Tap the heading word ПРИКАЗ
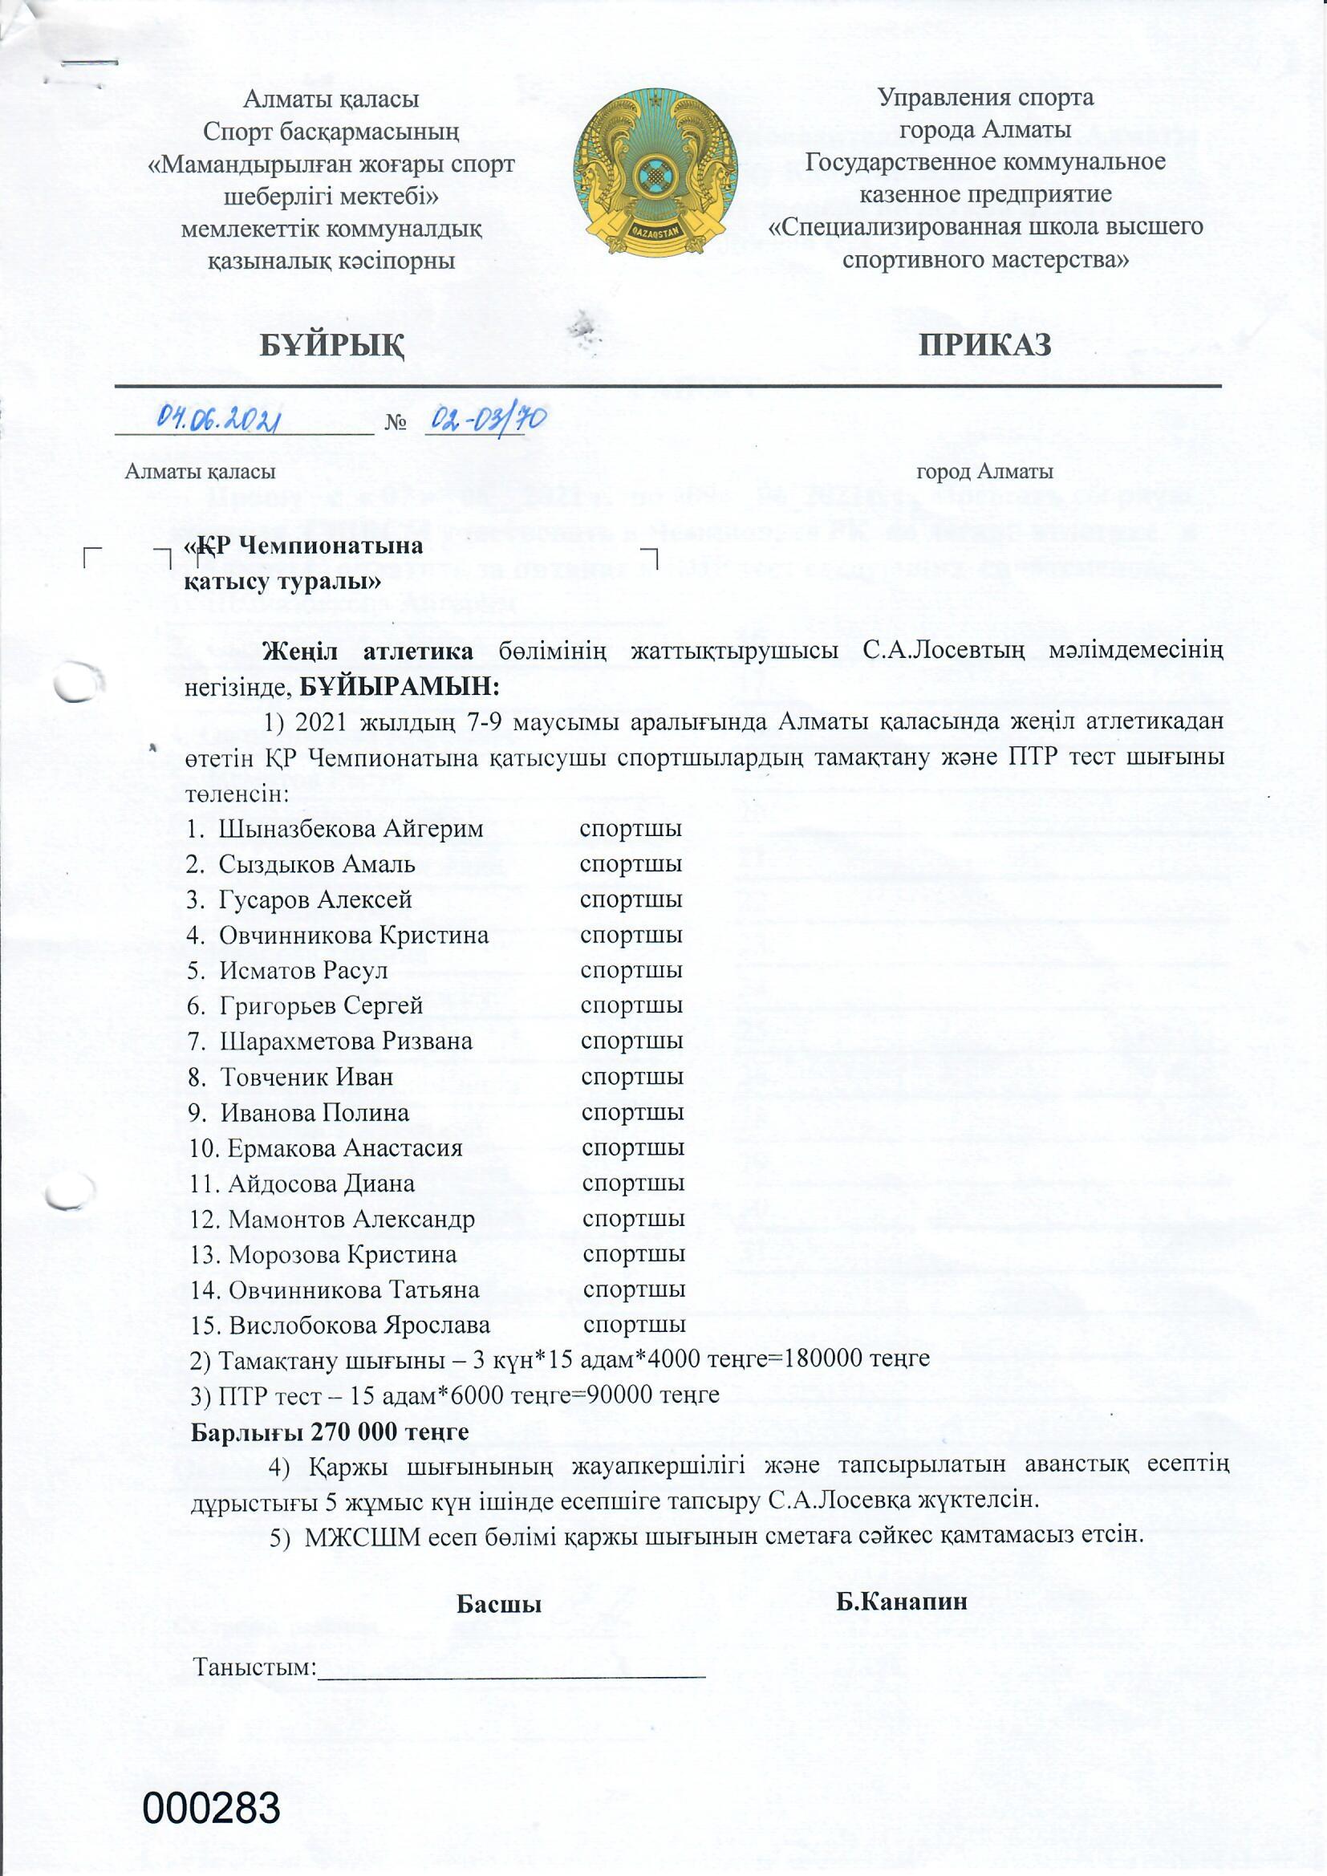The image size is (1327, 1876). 984,345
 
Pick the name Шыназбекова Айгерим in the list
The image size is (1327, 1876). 351,829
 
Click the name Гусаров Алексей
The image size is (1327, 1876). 315,899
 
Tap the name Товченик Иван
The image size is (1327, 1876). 307,1077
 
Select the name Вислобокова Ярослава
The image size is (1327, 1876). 359,1325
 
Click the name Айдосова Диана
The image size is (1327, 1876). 322,1183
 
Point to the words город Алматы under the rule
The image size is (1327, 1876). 984,472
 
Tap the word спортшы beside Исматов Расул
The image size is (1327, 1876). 631,971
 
